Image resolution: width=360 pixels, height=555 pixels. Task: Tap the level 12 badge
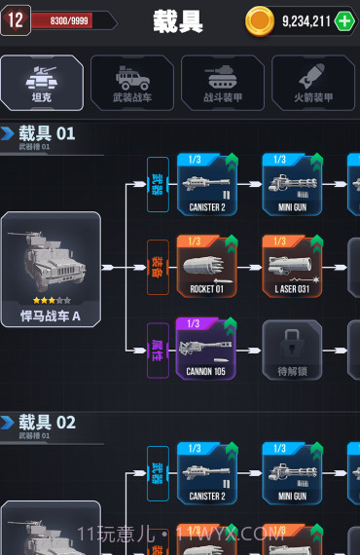(15, 19)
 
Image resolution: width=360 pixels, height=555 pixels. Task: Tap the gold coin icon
(260, 20)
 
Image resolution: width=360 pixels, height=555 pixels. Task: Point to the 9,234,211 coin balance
(306, 20)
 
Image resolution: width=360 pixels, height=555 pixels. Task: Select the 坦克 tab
(41, 82)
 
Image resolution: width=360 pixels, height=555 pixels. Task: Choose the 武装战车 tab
(131, 82)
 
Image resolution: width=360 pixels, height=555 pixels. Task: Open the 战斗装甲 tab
(222, 82)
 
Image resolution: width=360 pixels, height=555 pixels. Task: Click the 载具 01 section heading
(47, 133)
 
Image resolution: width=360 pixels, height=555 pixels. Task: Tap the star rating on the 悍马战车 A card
(51, 301)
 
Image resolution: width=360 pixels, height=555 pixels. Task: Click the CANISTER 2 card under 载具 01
(206, 184)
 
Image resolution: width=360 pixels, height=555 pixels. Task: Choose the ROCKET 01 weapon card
(206, 267)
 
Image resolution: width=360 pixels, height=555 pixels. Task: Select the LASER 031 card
(291, 267)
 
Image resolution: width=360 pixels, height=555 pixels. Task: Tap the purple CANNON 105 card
(206, 349)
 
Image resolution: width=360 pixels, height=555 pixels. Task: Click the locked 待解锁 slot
(291, 350)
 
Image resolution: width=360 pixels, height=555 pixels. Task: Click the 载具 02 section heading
(47, 422)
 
